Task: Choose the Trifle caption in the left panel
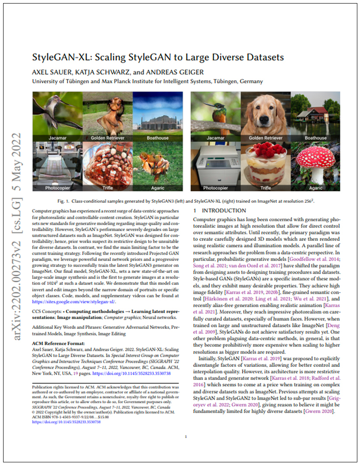click(107, 188)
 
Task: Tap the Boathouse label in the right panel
click(315, 138)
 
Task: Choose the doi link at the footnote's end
click(67, 422)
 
